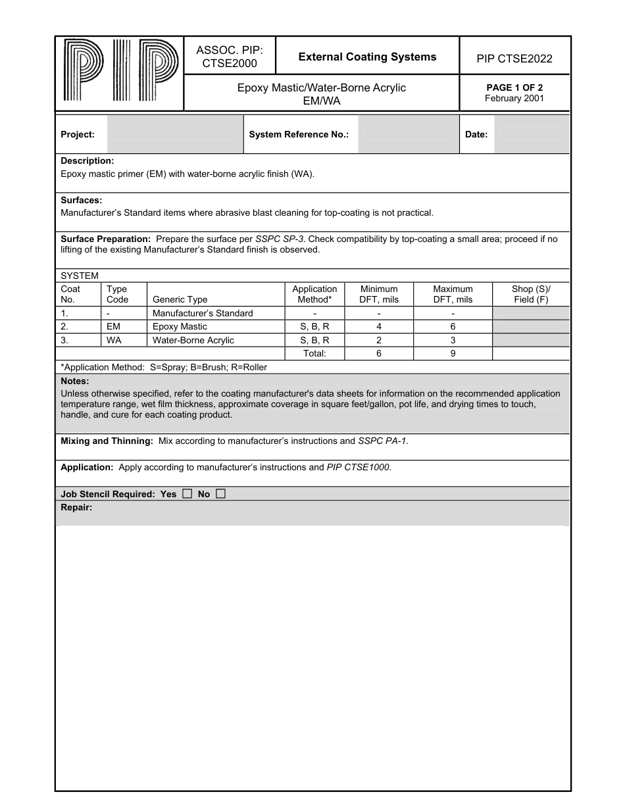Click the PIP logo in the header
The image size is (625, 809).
click(119, 71)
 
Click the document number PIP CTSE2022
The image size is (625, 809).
click(514, 59)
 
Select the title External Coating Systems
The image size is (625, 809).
click(367, 57)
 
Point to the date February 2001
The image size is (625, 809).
click(514, 99)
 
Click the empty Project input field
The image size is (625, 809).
click(175, 134)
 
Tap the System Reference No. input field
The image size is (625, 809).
click(408, 134)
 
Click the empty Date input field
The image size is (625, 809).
click(532, 134)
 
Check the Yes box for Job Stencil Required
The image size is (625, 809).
click(187, 494)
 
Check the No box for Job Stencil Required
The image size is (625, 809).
click(220, 494)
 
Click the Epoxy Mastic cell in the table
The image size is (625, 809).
click(180, 327)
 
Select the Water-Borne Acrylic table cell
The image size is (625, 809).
click(193, 340)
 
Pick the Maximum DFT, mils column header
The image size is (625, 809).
click(453, 294)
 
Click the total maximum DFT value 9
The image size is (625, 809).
click(453, 353)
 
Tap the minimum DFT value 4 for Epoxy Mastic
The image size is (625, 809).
click(379, 327)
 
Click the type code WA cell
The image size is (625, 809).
click(114, 340)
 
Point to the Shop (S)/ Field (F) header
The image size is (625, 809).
click(531, 294)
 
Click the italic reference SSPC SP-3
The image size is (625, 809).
click(279, 239)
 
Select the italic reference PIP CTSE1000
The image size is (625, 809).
click(359, 468)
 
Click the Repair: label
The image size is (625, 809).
click(76, 507)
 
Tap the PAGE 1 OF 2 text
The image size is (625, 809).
click(514, 87)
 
